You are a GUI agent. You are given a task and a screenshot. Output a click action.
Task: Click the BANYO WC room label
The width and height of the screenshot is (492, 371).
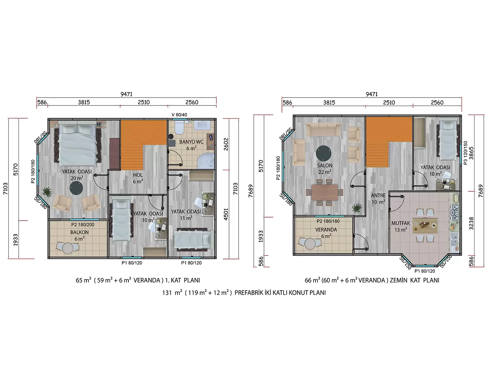(x=191, y=142)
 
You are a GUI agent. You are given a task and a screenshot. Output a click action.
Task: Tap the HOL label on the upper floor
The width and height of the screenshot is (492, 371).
(x=138, y=175)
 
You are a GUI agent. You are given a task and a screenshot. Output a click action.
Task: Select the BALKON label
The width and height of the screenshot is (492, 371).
(x=80, y=232)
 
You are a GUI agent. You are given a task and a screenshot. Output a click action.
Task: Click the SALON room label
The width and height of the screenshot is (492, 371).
(x=324, y=166)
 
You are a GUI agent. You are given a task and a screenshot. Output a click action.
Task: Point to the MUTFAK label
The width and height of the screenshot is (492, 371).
(x=401, y=223)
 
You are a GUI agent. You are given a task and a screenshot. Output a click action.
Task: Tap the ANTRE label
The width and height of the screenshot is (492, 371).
(x=378, y=195)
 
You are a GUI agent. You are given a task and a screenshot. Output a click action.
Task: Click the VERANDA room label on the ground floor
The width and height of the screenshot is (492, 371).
(x=326, y=230)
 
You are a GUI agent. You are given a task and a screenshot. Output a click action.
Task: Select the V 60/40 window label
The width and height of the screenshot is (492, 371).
(x=179, y=115)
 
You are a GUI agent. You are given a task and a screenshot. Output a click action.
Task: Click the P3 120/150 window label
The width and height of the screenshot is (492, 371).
(x=466, y=153)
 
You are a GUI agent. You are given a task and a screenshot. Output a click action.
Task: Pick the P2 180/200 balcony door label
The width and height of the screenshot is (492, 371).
(x=83, y=225)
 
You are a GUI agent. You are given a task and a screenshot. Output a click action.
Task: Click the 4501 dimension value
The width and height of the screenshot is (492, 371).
(x=226, y=214)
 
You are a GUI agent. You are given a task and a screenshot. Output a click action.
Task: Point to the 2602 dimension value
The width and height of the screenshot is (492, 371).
(x=226, y=144)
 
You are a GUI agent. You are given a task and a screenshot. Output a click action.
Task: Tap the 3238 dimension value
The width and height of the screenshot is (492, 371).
(x=471, y=223)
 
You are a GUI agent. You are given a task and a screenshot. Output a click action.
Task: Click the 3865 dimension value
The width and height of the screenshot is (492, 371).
(x=471, y=153)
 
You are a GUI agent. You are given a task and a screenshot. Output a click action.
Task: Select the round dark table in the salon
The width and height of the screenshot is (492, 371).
(x=323, y=153)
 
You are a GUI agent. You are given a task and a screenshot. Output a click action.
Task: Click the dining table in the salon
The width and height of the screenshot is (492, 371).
(x=324, y=192)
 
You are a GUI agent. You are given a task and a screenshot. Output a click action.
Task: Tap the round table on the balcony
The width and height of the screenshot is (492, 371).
(x=68, y=248)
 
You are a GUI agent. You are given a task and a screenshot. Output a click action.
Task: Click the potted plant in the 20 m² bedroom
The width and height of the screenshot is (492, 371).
(x=47, y=192)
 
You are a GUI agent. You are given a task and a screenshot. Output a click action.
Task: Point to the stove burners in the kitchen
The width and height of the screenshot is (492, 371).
(x=455, y=212)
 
